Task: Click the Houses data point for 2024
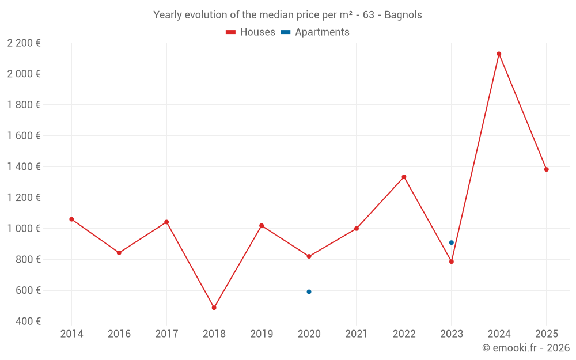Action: [499, 54]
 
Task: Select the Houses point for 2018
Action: [214, 308]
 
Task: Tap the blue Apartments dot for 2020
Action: [309, 291]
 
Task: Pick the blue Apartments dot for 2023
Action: [452, 242]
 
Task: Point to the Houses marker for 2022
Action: [404, 177]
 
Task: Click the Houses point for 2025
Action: [546, 169]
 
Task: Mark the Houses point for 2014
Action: [71, 219]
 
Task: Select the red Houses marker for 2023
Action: [452, 262]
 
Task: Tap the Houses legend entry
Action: [251, 32]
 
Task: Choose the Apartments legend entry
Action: [315, 32]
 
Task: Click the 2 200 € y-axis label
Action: [24, 43]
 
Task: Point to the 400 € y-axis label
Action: [28, 321]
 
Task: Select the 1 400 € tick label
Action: [24, 166]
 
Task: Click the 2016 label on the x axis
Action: [119, 334]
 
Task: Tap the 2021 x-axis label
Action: [357, 334]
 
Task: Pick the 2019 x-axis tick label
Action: [262, 334]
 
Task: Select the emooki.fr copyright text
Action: [526, 348]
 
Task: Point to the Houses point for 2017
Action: [166, 222]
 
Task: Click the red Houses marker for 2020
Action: [309, 256]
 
